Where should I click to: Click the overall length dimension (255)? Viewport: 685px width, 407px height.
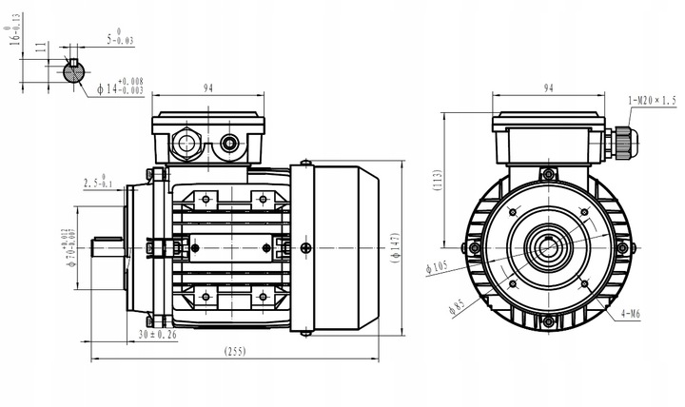tap(233, 350)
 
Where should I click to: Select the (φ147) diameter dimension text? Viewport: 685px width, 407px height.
tap(394, 246)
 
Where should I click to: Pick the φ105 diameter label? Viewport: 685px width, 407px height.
tap(437, 268)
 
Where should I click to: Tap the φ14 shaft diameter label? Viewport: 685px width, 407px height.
tap(120, 87)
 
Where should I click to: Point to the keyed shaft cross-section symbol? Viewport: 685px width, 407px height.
tap(73, 70)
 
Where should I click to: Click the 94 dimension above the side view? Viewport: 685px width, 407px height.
tap(207, 88)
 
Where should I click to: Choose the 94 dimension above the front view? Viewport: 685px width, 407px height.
tap(548, 88)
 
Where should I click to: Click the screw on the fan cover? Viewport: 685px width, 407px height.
tap(304, 248)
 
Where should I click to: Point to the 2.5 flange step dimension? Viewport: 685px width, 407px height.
tap(98, 182)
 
